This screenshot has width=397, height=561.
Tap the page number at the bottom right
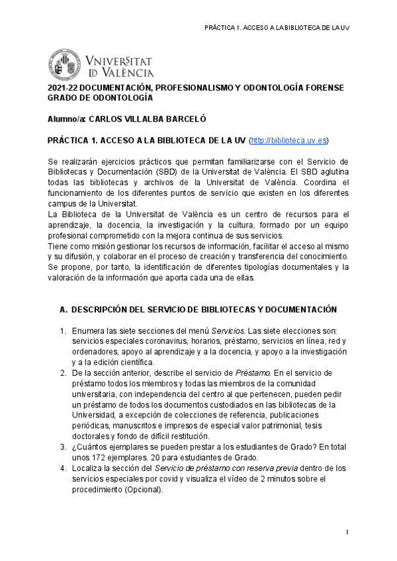click(347, 533)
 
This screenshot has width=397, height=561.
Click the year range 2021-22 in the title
click(64, 88)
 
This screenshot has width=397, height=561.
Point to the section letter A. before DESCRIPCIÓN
click(64, 310)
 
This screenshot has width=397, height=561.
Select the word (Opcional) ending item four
click(142, 490)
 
